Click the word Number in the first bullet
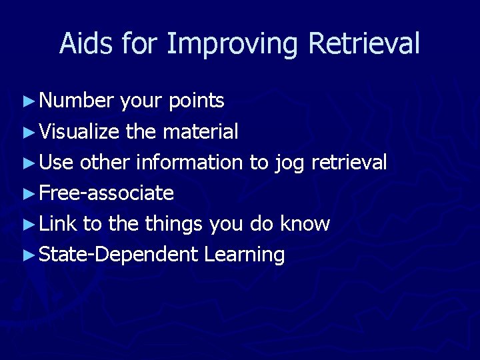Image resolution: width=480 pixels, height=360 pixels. (x=77, y=101)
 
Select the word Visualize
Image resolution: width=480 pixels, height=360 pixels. (x=80, y=131)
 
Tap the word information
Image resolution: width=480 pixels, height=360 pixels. (x=188, y=162)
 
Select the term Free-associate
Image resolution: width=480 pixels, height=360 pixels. (x=107, y=193)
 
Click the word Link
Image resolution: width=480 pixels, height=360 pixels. (x=58, y=223)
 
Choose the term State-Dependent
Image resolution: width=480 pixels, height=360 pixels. (x=119, y=254)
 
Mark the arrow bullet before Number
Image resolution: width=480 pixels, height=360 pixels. (x=28, y=101)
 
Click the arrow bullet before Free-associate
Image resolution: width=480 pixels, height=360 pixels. (x=28, y=193)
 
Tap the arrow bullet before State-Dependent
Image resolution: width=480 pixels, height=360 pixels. (x=28, y=255)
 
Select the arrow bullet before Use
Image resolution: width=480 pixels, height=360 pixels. (x=28, y=163)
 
